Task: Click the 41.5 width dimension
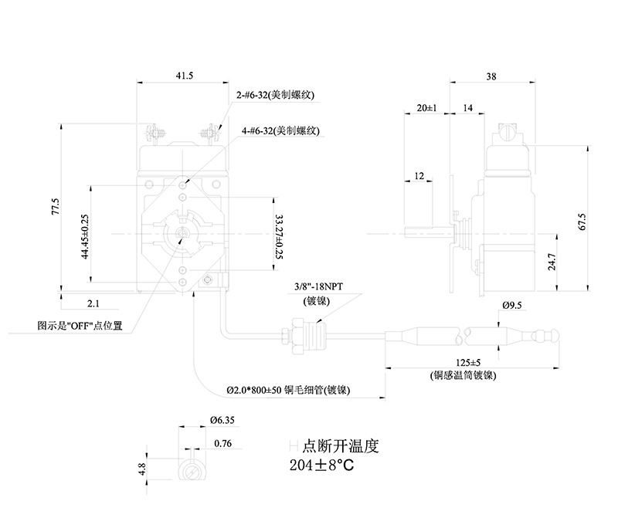[x=184, y=75]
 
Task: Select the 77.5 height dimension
[x=55, y=209]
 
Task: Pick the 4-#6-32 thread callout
[x=280, y=130]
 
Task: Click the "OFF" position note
[x=80, y=327]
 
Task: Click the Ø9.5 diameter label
[x=512, y=306]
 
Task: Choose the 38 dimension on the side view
[x=491, y=76]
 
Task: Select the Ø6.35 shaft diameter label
[x=222, y=422]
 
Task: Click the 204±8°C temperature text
[x=324, y=466]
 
